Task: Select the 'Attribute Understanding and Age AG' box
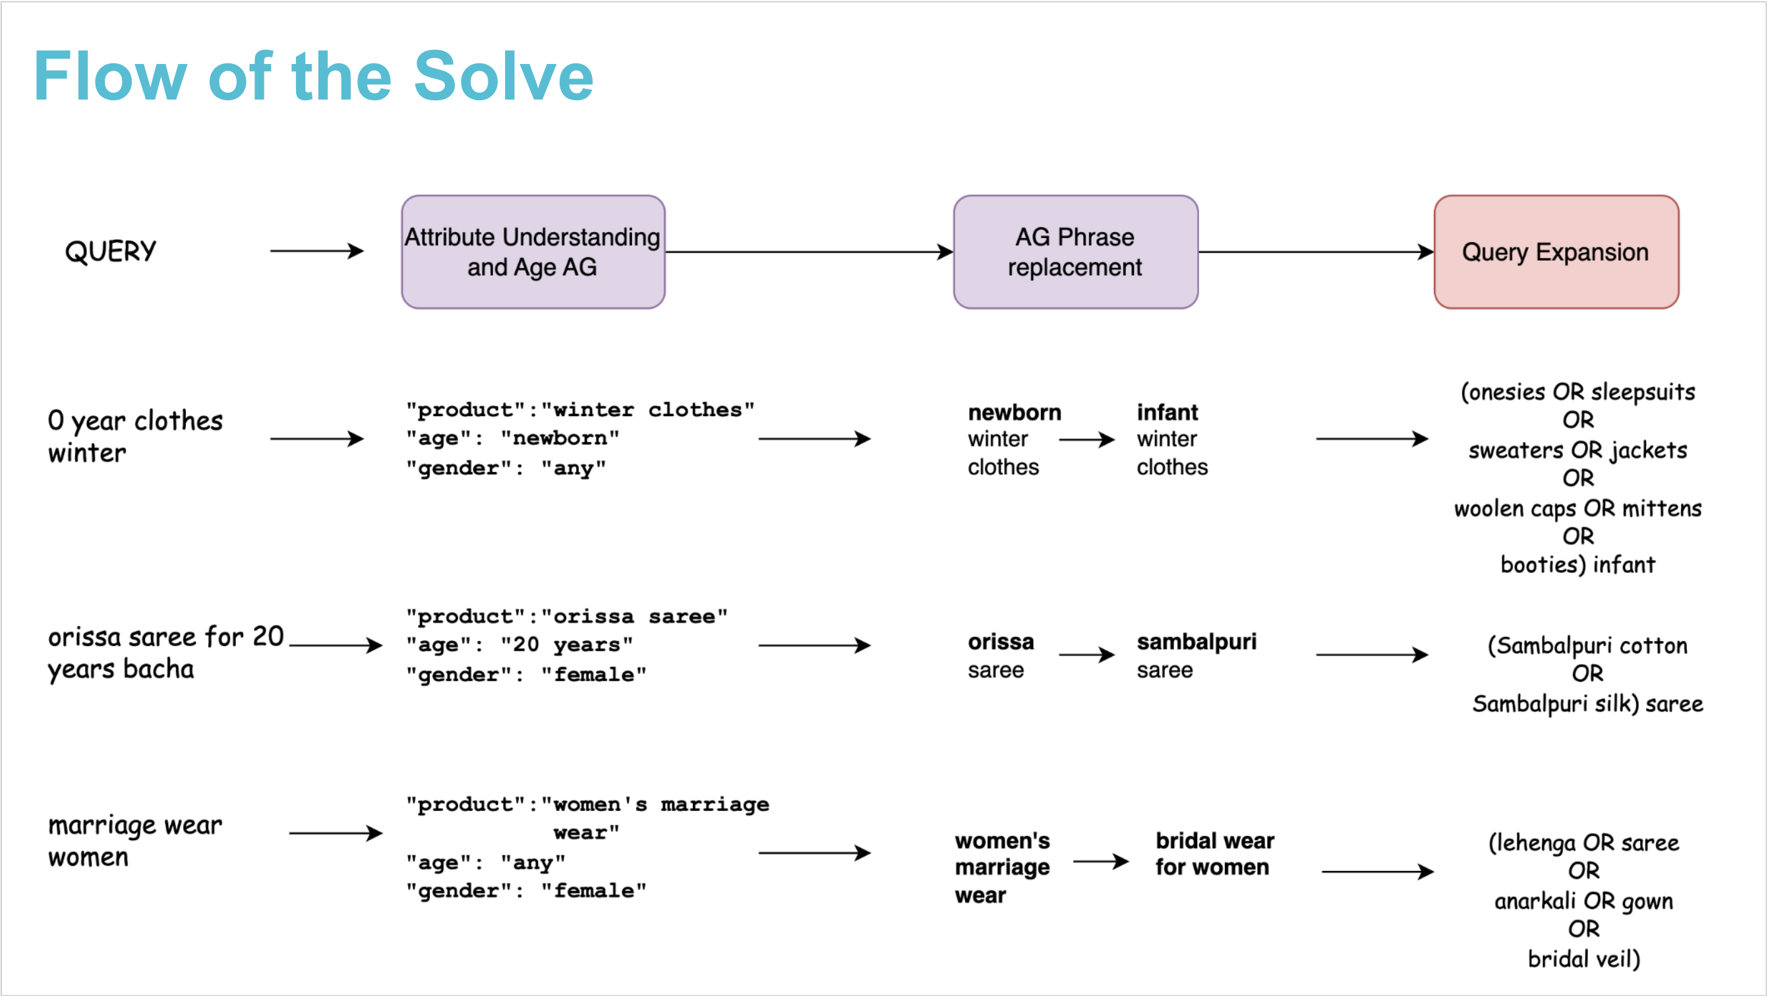pos(533,251)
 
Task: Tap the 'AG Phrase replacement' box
pos(1075,251)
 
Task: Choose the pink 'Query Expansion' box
pos(1555,251)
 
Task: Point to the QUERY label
pos(111,251)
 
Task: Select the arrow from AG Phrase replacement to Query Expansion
pos(1315,252)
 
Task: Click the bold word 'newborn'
pos(1014,412)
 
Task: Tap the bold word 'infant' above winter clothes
pos(1167,412)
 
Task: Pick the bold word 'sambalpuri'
pos(1196,642)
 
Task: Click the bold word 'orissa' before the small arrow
pos(1000,642)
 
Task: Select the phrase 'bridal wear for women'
pos(1214,853)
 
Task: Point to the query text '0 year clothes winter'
pos(134,436)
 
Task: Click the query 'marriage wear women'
pos(134,841)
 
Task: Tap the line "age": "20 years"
pos(519,645)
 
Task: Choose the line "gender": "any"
pos(505,468)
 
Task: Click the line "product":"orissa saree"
pos(566,616)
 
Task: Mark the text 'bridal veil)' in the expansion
pos(1583,959)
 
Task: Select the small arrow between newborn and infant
pos(1086,439)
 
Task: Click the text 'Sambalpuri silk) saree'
pos(1587,704)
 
